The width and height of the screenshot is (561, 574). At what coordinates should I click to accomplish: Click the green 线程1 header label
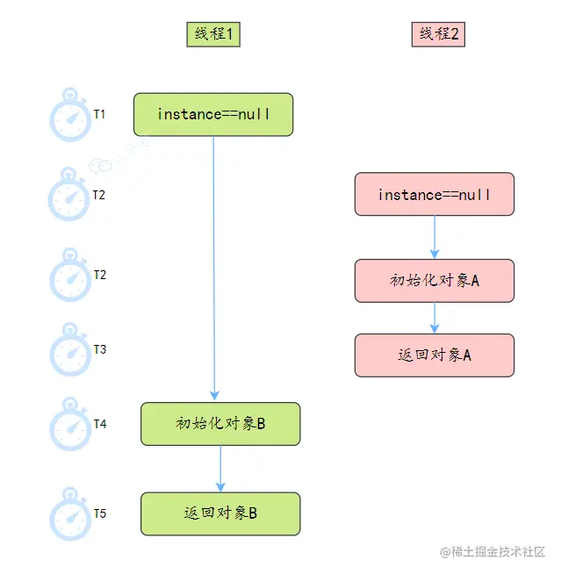pos(213,34)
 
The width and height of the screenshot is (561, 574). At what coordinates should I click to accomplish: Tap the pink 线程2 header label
pos(438,34)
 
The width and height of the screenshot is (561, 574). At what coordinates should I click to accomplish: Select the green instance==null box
pos(213,115)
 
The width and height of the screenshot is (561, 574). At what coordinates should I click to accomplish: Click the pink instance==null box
pos(435,195)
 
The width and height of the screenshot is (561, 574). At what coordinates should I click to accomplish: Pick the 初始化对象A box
pos(435,281)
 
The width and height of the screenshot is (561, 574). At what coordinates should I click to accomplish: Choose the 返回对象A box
pos(435,355)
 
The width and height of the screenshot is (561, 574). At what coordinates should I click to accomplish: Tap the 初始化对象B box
pos(220,424)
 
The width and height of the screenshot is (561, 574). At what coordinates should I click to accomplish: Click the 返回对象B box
pos(220,513)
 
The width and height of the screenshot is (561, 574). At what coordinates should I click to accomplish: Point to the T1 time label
pos(100,114)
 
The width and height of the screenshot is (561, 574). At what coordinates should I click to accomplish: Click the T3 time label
pos(100,349)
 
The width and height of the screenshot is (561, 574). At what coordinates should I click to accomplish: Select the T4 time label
pos(100,424)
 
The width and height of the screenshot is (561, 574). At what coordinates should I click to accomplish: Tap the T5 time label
pos(100,513)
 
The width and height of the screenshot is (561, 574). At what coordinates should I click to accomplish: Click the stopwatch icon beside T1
pos(69,114)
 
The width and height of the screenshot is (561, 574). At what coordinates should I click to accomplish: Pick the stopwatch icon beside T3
pos(69,350)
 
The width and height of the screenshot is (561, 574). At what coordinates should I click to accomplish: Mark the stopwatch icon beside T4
pos(69,425)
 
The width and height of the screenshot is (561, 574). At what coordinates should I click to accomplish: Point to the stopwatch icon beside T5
pos(69,514)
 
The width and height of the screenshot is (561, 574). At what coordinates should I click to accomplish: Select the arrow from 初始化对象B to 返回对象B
pos(220,469)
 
